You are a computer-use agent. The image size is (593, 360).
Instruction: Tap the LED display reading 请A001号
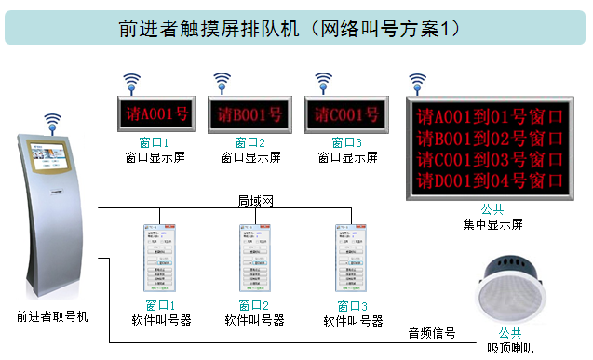point(152,114)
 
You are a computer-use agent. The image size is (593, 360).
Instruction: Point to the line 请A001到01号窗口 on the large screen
point(490,118)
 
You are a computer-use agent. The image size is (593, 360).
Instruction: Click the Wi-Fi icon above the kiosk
point(53,122)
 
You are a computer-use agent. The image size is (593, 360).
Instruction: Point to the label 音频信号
point(431,332)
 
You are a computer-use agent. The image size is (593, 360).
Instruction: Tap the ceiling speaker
point(510,288)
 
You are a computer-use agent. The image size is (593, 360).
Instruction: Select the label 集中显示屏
point(492,224)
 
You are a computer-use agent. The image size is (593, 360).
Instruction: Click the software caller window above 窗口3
point(353,260)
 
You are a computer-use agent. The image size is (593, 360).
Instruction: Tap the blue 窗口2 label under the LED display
point(250,142)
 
